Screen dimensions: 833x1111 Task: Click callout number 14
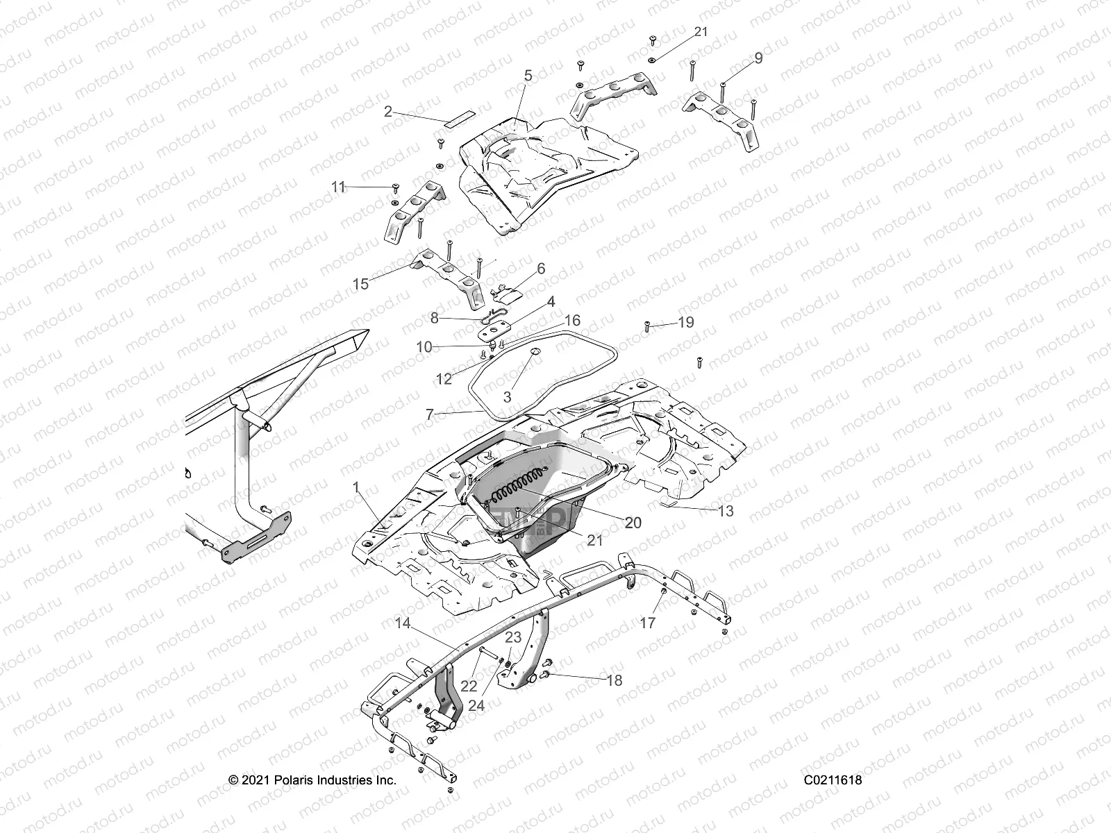(403, 623)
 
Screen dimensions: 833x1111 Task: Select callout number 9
(758, 58)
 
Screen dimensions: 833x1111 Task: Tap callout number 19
(685, 323)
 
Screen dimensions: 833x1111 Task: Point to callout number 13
(725, 512)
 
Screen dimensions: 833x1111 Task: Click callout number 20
(633, 523)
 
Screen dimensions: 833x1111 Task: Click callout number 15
(360, 284)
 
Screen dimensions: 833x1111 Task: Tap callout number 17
(647, 623)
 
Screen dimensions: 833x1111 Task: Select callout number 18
(615, 680)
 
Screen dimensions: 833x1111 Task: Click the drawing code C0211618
(833, 780)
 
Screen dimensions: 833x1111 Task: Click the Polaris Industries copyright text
(312, 780)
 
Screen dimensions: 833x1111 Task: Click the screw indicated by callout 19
(647, 324)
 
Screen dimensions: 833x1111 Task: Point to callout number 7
(430, 414)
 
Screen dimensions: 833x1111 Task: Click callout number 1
(356, 488)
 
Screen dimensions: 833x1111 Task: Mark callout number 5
(528, 76)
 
